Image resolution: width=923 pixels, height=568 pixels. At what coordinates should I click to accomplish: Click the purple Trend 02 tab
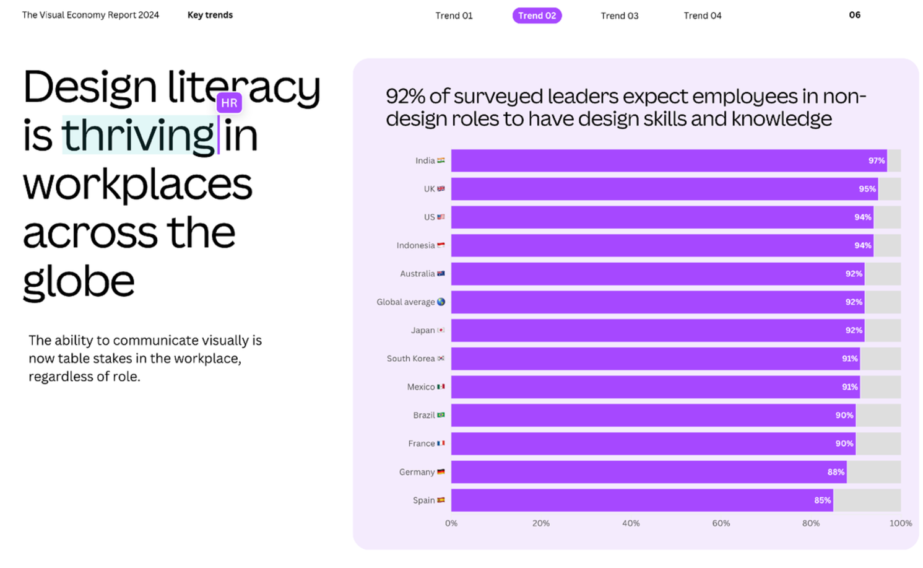(x=537, y=15)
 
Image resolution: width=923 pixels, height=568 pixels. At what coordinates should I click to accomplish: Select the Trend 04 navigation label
(x=703, y=15)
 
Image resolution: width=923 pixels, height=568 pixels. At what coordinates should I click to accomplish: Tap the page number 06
(x=855, y=15)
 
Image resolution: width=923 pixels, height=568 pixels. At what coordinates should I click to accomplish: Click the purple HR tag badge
(x=229, y=103)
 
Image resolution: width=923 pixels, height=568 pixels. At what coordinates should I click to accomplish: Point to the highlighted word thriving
(x=139, y=135)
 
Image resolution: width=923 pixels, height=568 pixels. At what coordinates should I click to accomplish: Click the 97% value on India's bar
(x=877, y=160)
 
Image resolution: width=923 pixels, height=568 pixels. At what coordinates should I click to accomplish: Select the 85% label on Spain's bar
(x=823, y=500)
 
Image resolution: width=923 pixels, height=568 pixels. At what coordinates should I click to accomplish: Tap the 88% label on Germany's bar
(x=836, y=472)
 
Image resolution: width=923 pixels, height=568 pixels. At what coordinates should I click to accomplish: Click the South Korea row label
(x=411, y=359)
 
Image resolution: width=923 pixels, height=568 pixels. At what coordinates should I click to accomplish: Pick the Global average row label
(x=406, y=302)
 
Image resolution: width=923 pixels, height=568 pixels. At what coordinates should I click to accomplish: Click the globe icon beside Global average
(x=441, y=302)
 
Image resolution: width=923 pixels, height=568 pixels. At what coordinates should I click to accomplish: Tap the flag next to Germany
(x=441, y=471)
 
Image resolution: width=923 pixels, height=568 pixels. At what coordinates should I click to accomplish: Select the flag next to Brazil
(x=441, y=414)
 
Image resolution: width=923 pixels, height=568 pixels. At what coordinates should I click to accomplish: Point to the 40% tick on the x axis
(x=631, y=523)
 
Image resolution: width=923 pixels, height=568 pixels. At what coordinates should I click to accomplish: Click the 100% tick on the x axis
(x=901, y=523)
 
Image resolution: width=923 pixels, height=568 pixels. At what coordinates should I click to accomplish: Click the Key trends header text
(x=210, y=15)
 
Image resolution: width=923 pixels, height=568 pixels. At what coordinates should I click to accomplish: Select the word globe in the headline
(x=79, y=281)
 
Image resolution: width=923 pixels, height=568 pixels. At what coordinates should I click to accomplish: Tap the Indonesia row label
(x=416, y=245)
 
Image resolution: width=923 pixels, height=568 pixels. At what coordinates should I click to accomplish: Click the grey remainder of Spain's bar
(x=867, y=500)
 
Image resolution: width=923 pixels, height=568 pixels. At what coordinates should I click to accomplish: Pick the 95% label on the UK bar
(x=867, y=189)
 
